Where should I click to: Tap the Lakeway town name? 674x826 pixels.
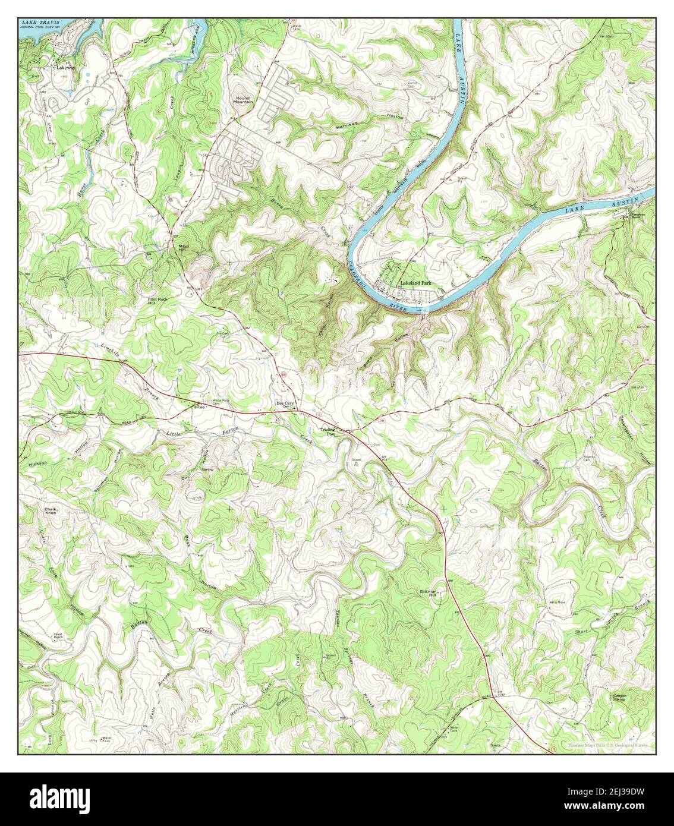coord(65,68)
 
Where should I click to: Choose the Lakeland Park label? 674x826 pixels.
coord(415,283)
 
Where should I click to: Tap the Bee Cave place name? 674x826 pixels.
coord(285,403)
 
